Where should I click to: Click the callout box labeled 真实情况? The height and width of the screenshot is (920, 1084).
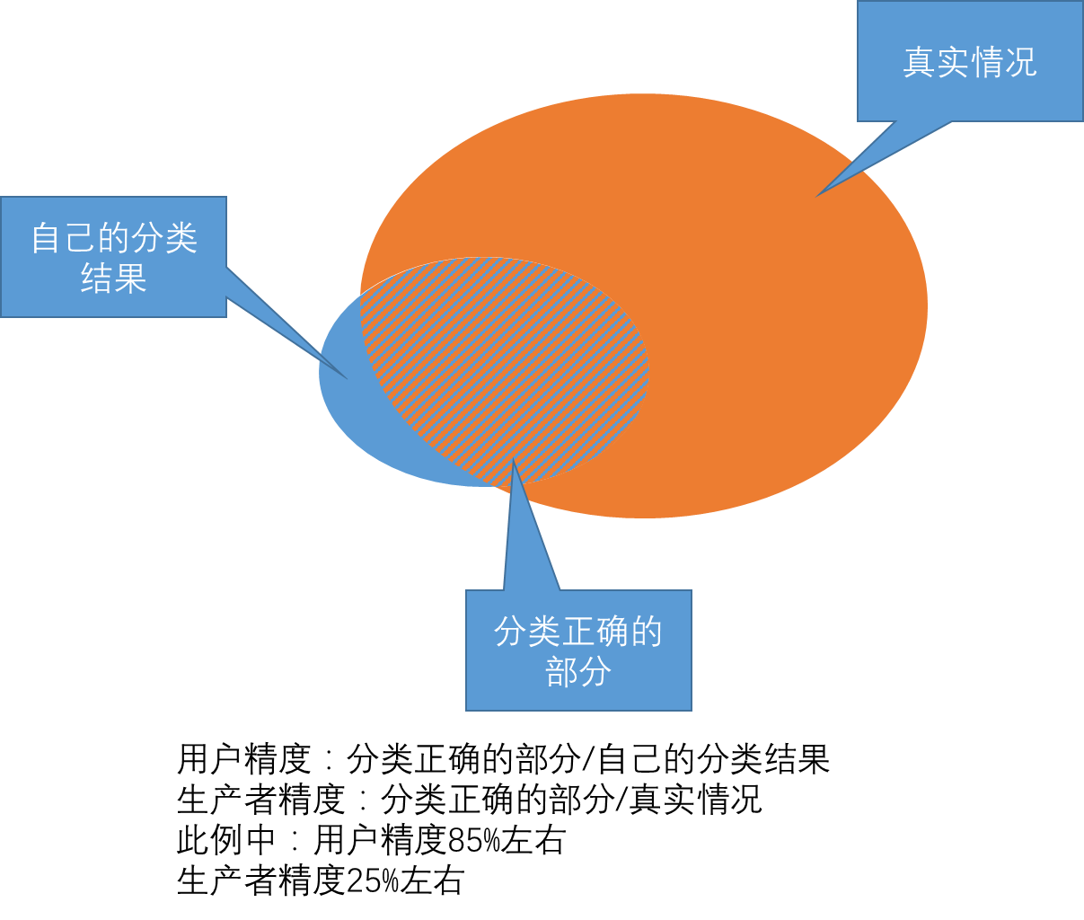tap(970, 90)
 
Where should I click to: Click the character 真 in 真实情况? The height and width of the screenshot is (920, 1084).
tap(920, 62)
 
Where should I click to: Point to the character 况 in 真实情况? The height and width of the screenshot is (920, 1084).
tap(1020, 62)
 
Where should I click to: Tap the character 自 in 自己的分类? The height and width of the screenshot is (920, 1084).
tap(47, 238)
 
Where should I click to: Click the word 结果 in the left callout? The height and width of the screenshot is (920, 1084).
tap(113, 278)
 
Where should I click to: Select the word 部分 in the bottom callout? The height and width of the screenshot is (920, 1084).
tap(578, 671)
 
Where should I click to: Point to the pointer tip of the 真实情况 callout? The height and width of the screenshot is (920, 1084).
tap(817, 195)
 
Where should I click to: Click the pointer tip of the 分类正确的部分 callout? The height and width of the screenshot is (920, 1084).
tap(513, 461)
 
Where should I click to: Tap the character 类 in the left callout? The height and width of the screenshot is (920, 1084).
tap(181, 238)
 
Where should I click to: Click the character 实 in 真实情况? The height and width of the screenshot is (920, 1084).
tap(953, 62)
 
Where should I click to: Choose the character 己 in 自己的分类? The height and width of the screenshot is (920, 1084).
tap(80, 238)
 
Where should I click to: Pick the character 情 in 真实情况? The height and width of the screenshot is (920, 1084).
tap(987, 62)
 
